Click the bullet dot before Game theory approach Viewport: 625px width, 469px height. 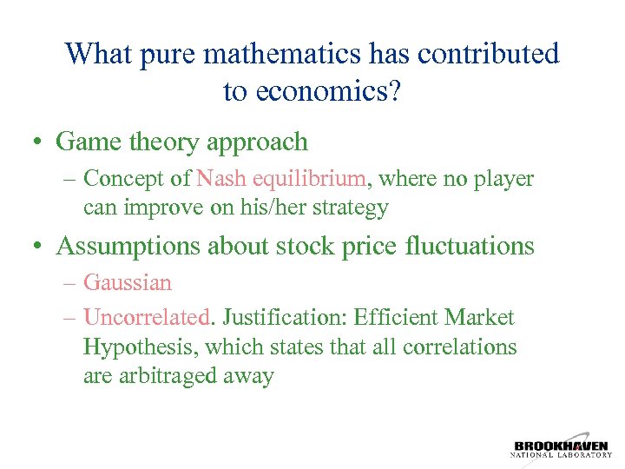pyautogui.click(x=39, y=142)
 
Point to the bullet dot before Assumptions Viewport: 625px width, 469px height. pyautogui.click(x=39, y=247)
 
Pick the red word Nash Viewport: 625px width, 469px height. pyautogui.click(x=220, y=179)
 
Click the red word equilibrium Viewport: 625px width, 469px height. pyautogui.click(x=309, y=179)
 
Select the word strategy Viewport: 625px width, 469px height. pyautogui.click(x=347, y=208)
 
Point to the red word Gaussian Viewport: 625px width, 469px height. pyautogui.click(x=128, y=283)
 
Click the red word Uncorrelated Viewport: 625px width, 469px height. pyautogui.click(x=147, y=318)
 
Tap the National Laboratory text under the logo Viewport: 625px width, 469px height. pyautogui.click(x=561, y=454)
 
